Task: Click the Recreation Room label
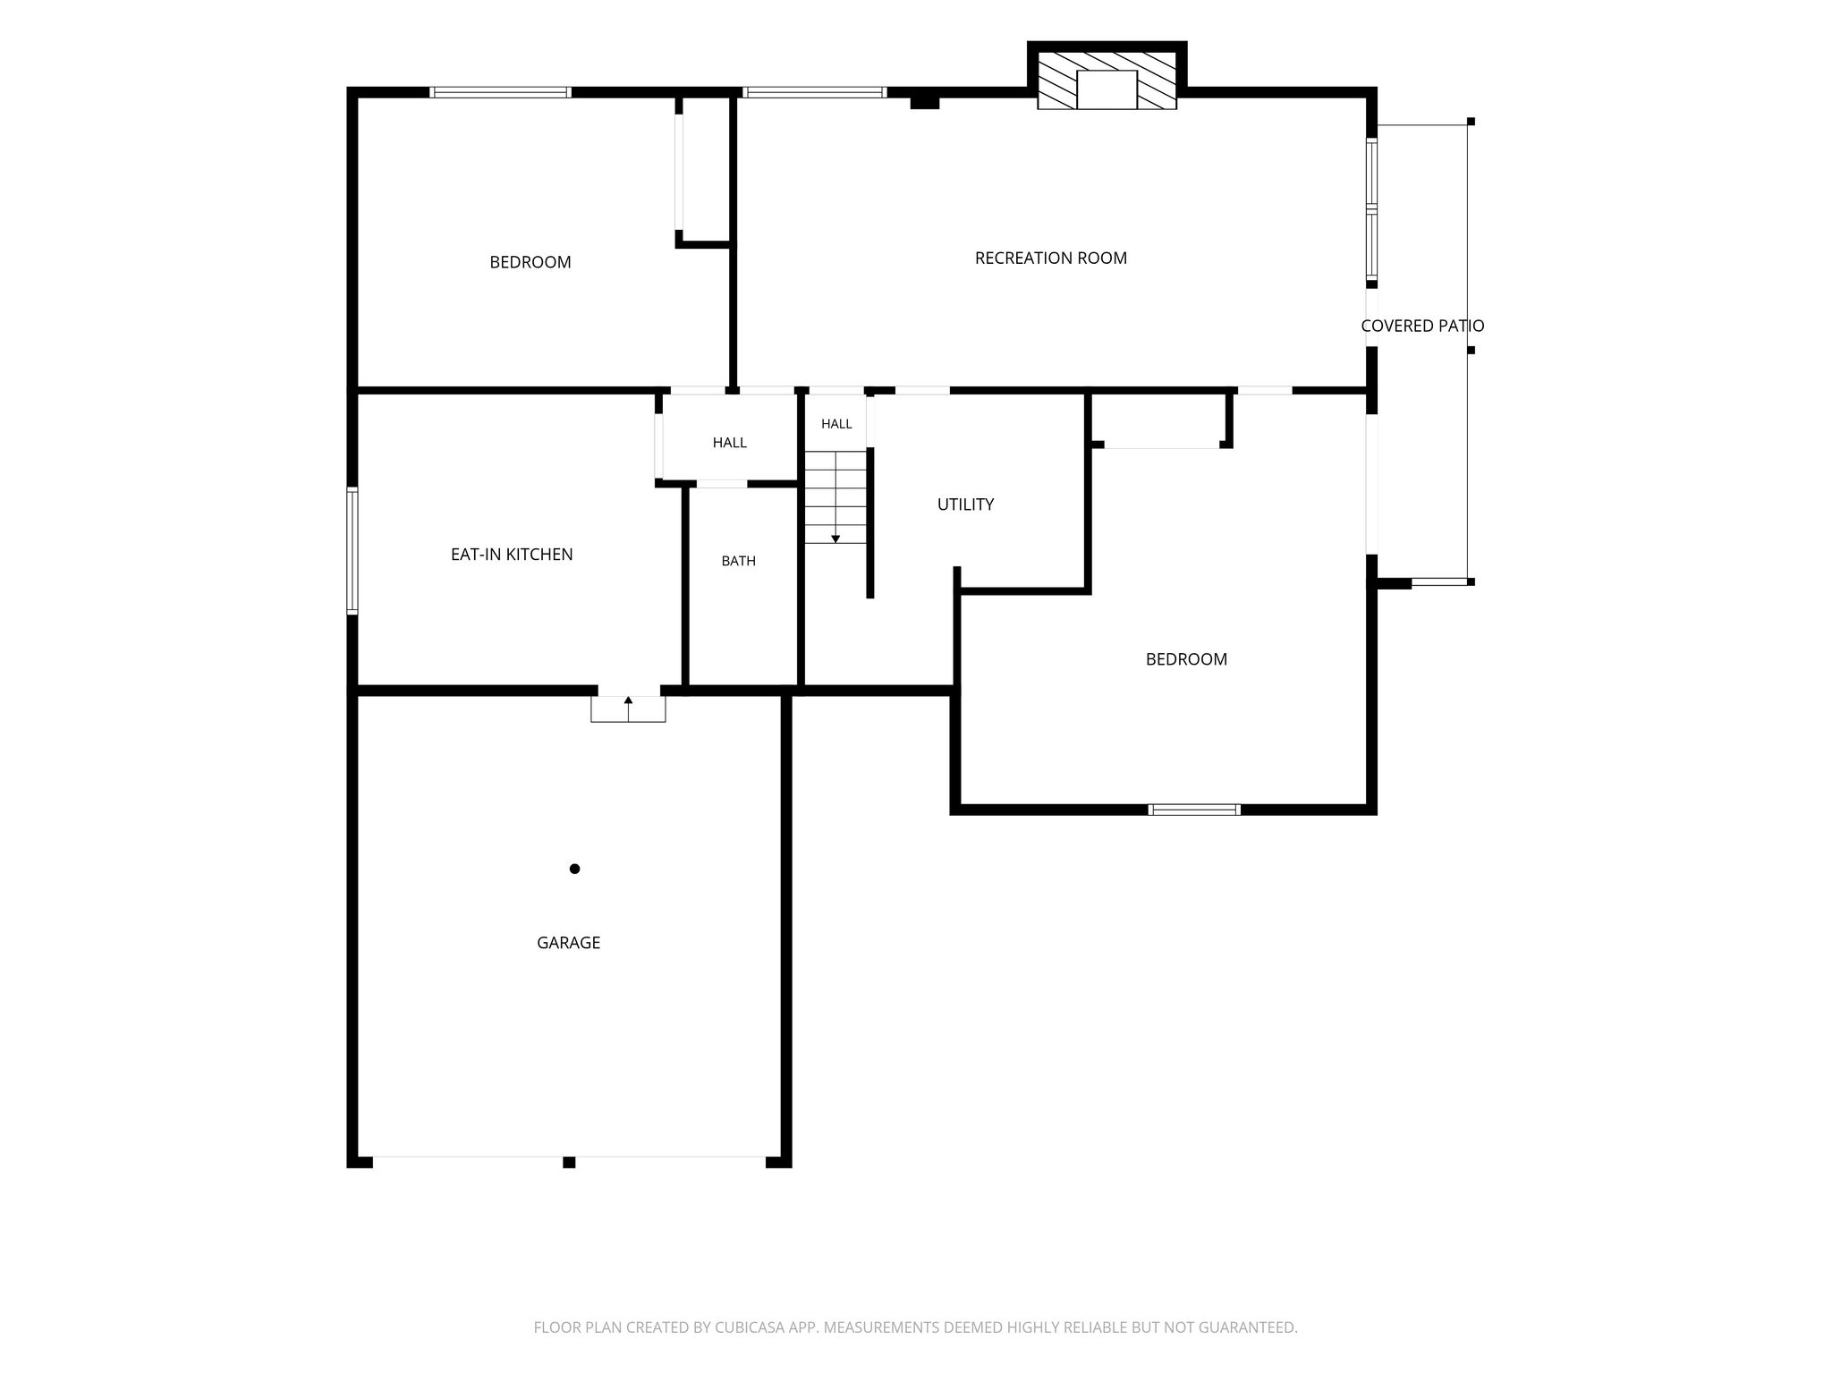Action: (x=1051, y=259)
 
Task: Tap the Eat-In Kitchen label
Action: (x=512, y=555)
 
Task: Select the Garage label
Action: (x=568, y=943)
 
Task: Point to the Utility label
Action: (x=965, y=505)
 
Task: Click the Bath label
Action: (x=739, y=561)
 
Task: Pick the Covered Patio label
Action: (x=1422, y=327)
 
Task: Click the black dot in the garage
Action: (x=574, y=869)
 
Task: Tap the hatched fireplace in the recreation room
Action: (x=1107, y=80)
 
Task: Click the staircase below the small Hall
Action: (x=835, y=497)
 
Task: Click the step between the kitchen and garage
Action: (x=628, y=709)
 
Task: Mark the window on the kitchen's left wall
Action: (x=352, y=551)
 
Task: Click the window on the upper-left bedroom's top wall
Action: (x=500, y=92)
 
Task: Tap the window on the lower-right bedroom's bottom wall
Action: (x=1194, y=810)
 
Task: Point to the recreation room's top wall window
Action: (x=814, y=92)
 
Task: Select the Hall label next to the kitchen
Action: (x=730, y=443)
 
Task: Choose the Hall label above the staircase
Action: (x=836, y=424)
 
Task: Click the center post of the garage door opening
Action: (x=569, y=1162)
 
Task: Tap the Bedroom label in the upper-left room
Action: (x=530, y=262)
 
